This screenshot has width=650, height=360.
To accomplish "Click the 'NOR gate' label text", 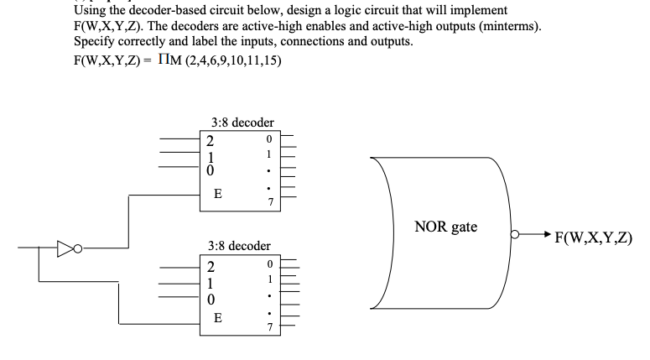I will point(446,227).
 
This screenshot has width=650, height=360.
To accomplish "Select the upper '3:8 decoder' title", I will point(238,122).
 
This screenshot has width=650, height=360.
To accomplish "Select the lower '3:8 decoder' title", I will point(238,246).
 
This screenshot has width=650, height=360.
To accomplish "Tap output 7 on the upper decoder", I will point(268,201).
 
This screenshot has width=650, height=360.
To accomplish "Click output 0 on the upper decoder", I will point(268,138).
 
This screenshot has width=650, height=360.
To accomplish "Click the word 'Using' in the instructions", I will point(91,10).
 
